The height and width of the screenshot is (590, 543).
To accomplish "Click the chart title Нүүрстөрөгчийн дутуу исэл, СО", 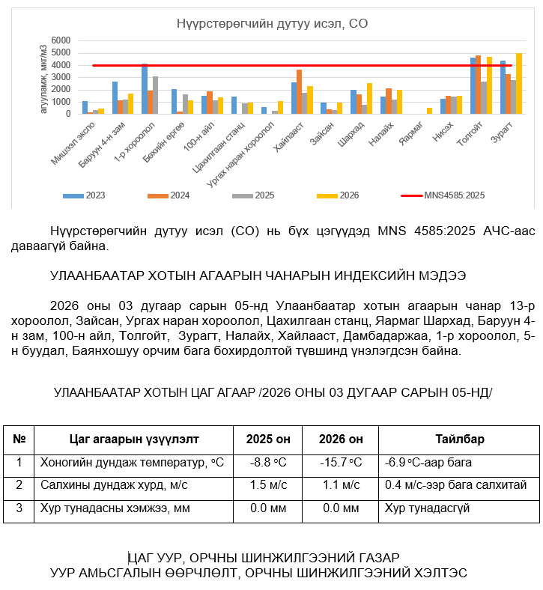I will (272, 24).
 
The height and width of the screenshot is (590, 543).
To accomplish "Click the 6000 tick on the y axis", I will (61, 40).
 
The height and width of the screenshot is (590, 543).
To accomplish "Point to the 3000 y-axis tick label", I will (61, 77).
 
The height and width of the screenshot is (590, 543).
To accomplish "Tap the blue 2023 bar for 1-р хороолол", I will (145, 88).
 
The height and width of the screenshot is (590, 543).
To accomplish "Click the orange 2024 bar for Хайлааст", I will (300, 91).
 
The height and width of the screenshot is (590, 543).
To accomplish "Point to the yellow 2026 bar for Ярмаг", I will (430, 111).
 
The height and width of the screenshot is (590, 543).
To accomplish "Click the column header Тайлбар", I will (459, 439).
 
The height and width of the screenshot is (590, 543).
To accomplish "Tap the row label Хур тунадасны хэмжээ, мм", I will (112, 508).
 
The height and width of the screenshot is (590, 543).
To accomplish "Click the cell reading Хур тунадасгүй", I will (427, 508).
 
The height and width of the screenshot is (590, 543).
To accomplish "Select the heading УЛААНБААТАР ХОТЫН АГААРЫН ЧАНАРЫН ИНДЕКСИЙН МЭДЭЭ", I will (258, 276).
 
